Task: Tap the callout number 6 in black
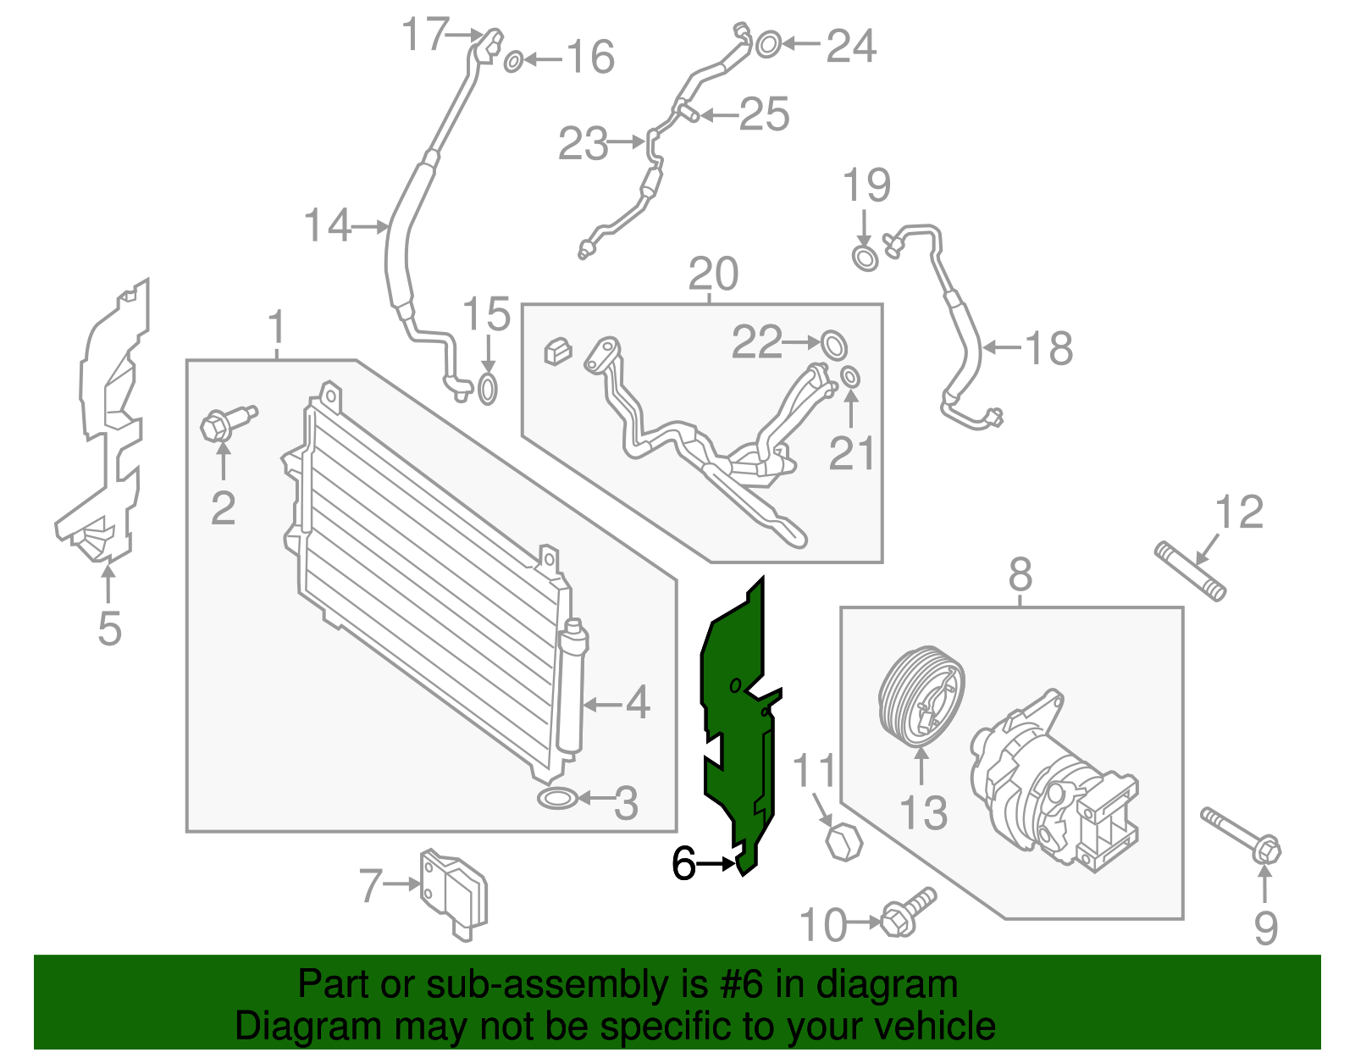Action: click(683, 864)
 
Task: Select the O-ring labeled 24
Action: click(767, 44)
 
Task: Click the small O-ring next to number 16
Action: click(513, 62)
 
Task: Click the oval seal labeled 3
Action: click(556, 798)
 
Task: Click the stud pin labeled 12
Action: click(1190, 572)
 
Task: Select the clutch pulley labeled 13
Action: click(920, 695)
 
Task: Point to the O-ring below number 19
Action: click(865, 258)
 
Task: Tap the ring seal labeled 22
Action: click(833, 343)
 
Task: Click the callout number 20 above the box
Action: click(713, 274)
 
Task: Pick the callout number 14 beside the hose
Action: click(327, 226)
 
